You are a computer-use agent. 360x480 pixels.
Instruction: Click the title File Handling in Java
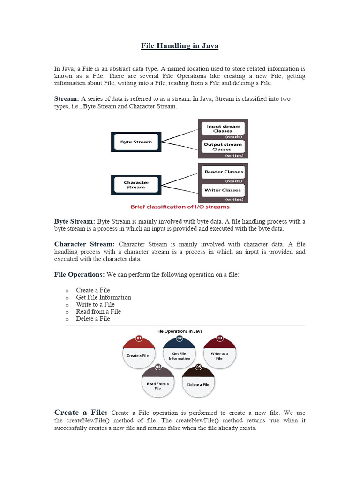(180, 46)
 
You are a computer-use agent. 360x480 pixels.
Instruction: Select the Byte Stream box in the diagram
(136, 142)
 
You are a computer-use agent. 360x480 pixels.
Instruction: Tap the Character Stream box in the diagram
(136, 185)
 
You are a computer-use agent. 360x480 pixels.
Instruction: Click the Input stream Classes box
(223, 128)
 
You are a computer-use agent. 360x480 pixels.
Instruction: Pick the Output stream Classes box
(223, 147)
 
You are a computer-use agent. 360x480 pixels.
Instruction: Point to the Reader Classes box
(223, 172)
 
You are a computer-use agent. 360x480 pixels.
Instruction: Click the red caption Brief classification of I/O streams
(180, 207)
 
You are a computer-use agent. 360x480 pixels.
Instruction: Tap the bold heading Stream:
(67, 99)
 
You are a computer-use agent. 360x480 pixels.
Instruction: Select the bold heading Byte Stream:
(75, 221)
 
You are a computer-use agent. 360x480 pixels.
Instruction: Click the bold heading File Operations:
(79, 274)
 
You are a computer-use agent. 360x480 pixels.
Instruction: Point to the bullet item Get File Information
(104, 297)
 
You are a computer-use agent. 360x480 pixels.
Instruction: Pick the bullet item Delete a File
(93, 319)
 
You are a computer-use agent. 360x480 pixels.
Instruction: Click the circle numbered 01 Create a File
(139, 354)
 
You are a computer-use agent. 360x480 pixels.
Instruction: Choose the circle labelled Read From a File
(157, 384)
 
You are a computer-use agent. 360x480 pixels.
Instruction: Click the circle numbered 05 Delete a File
(198, 383)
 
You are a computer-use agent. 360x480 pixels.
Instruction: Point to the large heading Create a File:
(81, 412)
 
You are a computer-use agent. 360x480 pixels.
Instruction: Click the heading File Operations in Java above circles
(180, 331)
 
